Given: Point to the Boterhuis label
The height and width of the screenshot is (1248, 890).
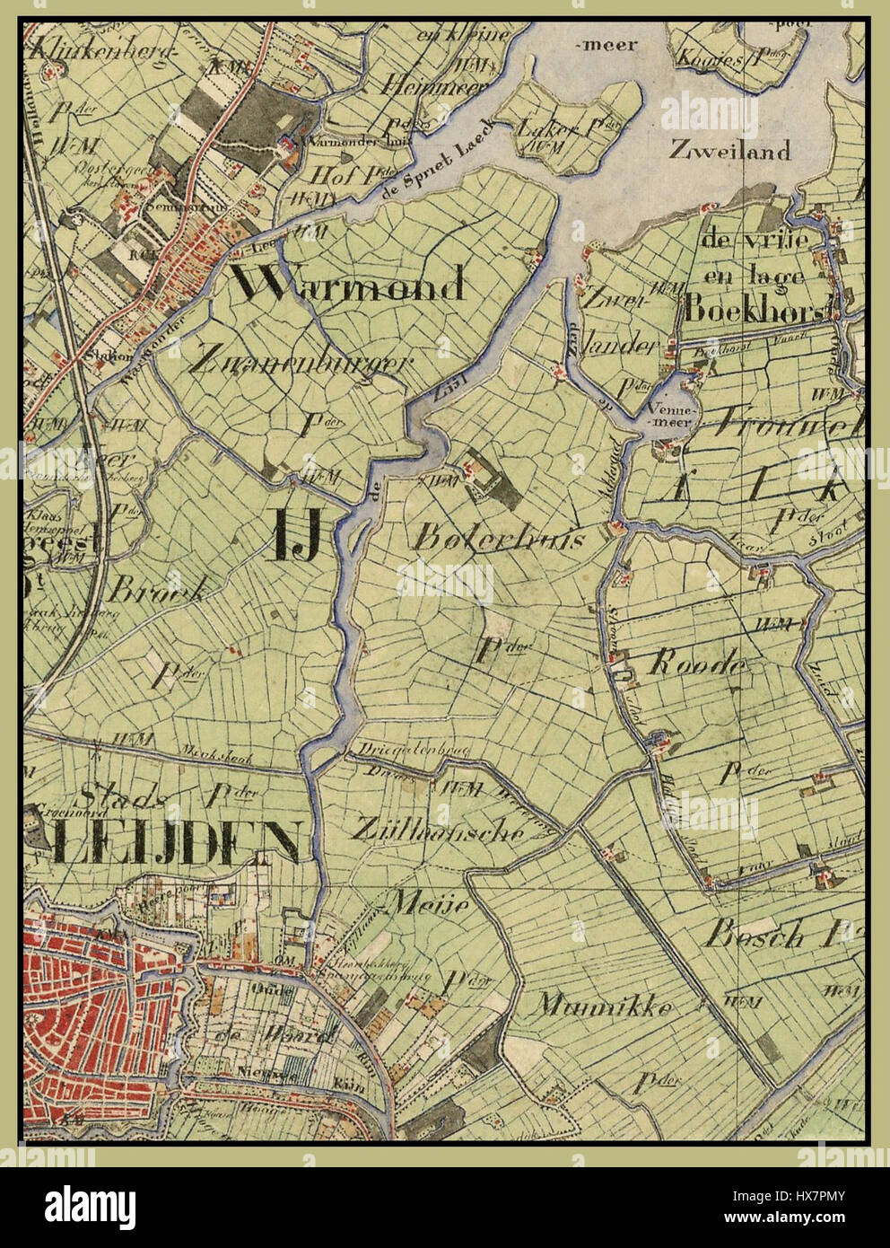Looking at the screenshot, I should [x=500, y=539].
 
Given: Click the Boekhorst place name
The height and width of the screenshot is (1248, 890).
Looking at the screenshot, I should [x=754, y=310].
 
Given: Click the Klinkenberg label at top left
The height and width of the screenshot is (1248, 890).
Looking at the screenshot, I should [x=99, y=52].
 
